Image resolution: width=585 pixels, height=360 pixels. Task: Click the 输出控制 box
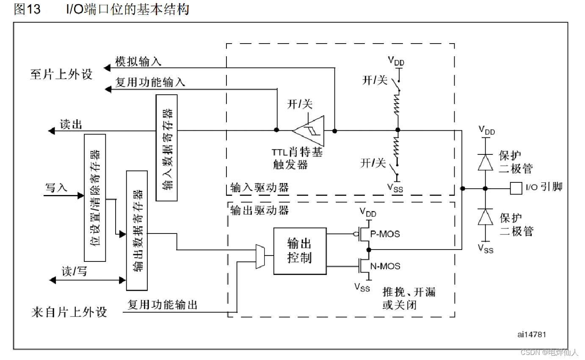[300, 251]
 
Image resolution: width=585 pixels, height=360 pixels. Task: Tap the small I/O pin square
[515, 188]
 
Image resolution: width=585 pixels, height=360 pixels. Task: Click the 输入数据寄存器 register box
[166, 148]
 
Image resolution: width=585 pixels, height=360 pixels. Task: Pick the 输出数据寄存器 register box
[137, 231]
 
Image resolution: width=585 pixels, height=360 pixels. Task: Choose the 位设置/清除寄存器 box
[95, 198]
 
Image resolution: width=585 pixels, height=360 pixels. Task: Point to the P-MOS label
[385, 234]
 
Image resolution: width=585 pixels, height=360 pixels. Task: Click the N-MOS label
[385, 266]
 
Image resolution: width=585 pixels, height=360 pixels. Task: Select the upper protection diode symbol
[486, 162]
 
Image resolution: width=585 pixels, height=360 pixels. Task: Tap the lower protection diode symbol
[486, 217]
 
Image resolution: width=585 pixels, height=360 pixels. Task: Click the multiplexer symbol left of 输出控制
[260, 256]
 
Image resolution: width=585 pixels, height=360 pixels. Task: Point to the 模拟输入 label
[138, 61]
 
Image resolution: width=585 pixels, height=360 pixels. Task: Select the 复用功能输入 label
[150, 82]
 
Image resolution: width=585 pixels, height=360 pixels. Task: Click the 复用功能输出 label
[163, 304]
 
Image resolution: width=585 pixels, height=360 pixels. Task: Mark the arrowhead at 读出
[52, 131]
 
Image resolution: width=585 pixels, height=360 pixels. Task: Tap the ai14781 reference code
[532, 334]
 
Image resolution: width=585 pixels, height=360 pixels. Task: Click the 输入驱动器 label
[259, 187]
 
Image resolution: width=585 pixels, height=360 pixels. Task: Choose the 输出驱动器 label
[259, 210]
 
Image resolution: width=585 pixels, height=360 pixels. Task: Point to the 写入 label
[56, 187]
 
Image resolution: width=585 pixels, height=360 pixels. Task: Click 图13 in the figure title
[27, 9]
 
